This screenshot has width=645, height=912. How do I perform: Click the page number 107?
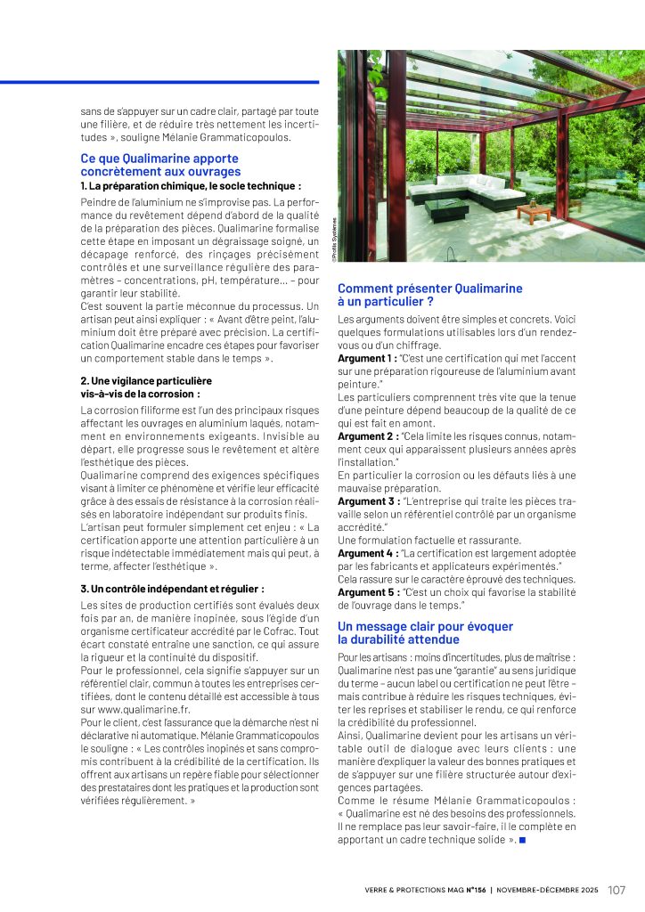click(x=617, y=889)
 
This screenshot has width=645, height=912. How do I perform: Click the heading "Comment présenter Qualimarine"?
click(x=429, y=289)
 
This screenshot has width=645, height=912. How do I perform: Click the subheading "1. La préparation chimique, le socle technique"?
click(x=190, y=185)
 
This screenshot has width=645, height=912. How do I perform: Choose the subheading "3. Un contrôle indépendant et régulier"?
click(x=171, y=589)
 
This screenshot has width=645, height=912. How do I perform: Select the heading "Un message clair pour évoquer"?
click(x=425, y=626)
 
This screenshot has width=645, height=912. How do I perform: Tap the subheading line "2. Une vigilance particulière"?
click(x=146, y=380)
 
